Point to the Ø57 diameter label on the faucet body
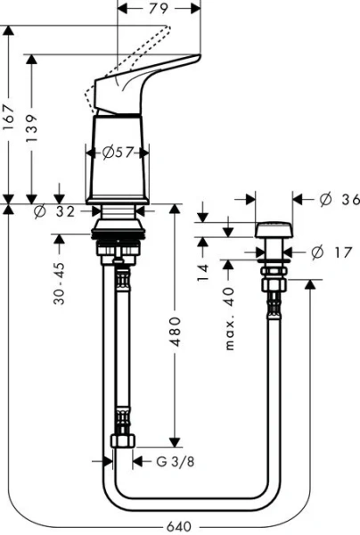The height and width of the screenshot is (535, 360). coord(119,152)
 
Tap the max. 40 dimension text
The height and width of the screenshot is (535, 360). coord(230,317)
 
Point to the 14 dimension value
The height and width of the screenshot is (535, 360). coord(203,268)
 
